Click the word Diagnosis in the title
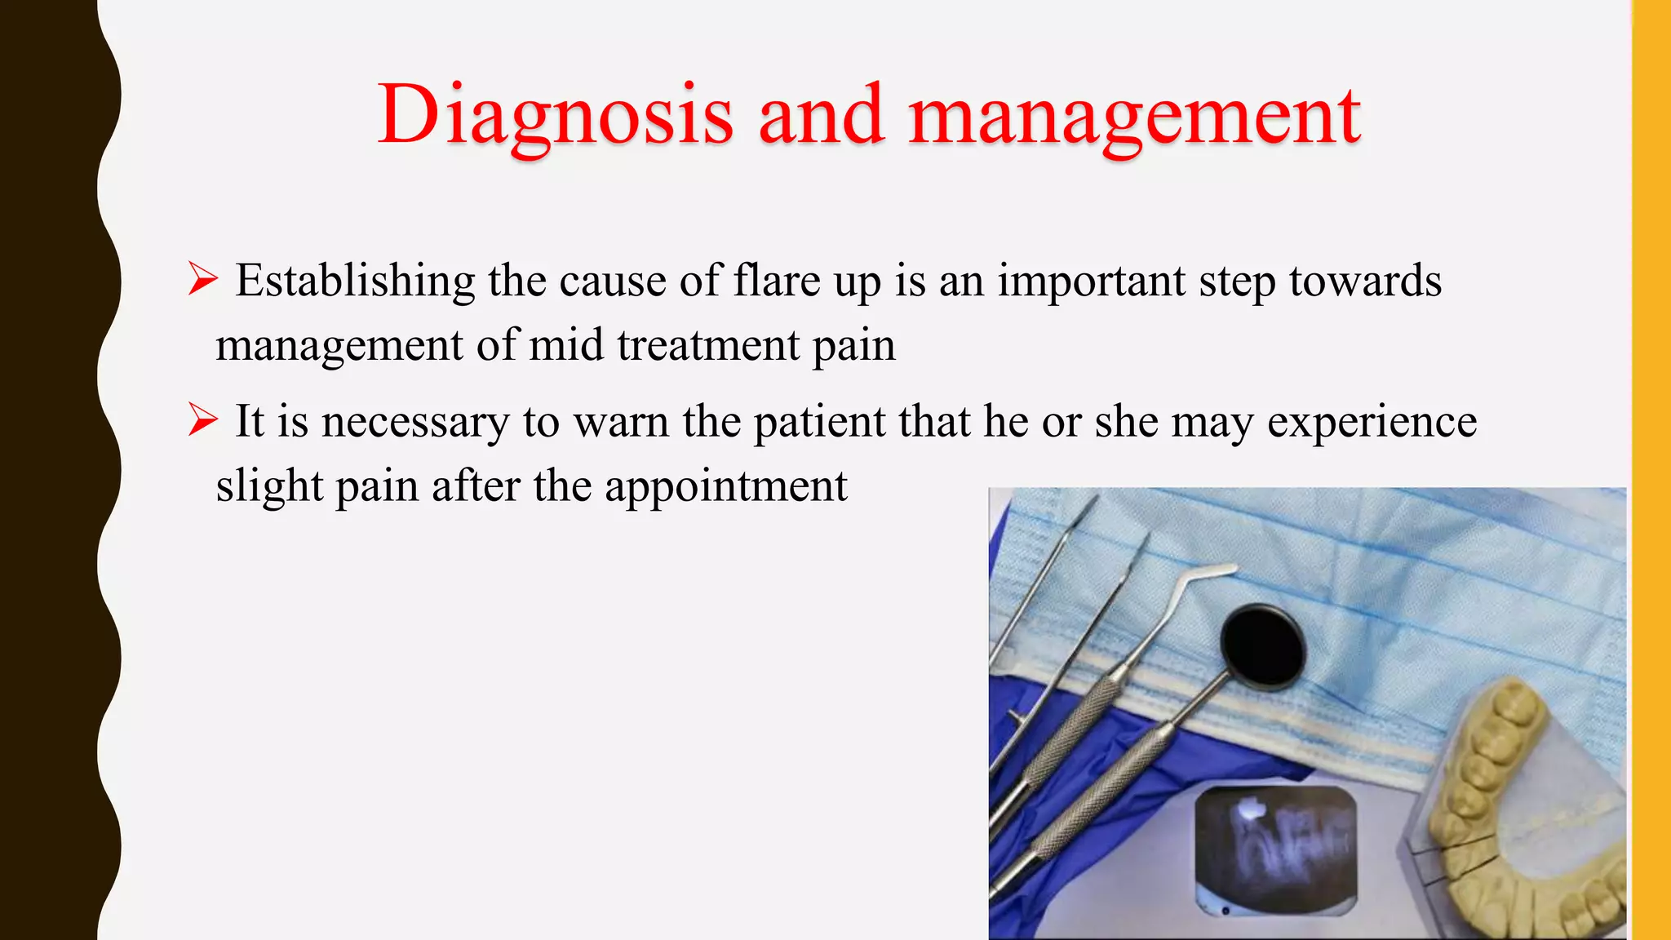pyautogui.click(x=555, y=116)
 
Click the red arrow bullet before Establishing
pyautogui.click(x=202, y=279)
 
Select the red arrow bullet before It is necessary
pyautogui.click(x=202, y=420)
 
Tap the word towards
pyautogui.click(x=1365, y=281)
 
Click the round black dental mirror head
pyautogui.click(x=1263, y=645)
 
